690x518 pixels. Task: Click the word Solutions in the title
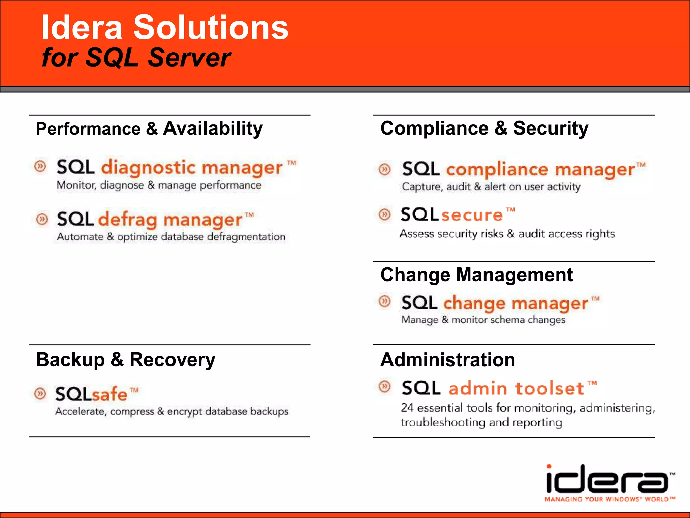(211, 28)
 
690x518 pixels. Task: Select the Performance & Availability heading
(149, 129)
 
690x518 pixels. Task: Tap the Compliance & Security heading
(484, 128)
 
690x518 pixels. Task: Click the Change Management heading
(476, 275)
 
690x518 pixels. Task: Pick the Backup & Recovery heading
(125, 359)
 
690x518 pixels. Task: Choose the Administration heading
(448, 359)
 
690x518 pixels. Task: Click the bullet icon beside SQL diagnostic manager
(40, 166)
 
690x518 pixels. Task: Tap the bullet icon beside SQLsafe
(40, 393)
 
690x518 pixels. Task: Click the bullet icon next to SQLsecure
(384, 214)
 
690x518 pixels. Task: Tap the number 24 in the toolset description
(407, 408)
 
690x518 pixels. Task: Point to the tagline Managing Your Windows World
(609, 499)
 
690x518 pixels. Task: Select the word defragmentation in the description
(246, 237)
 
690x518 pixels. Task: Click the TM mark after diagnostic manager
(292, 163)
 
